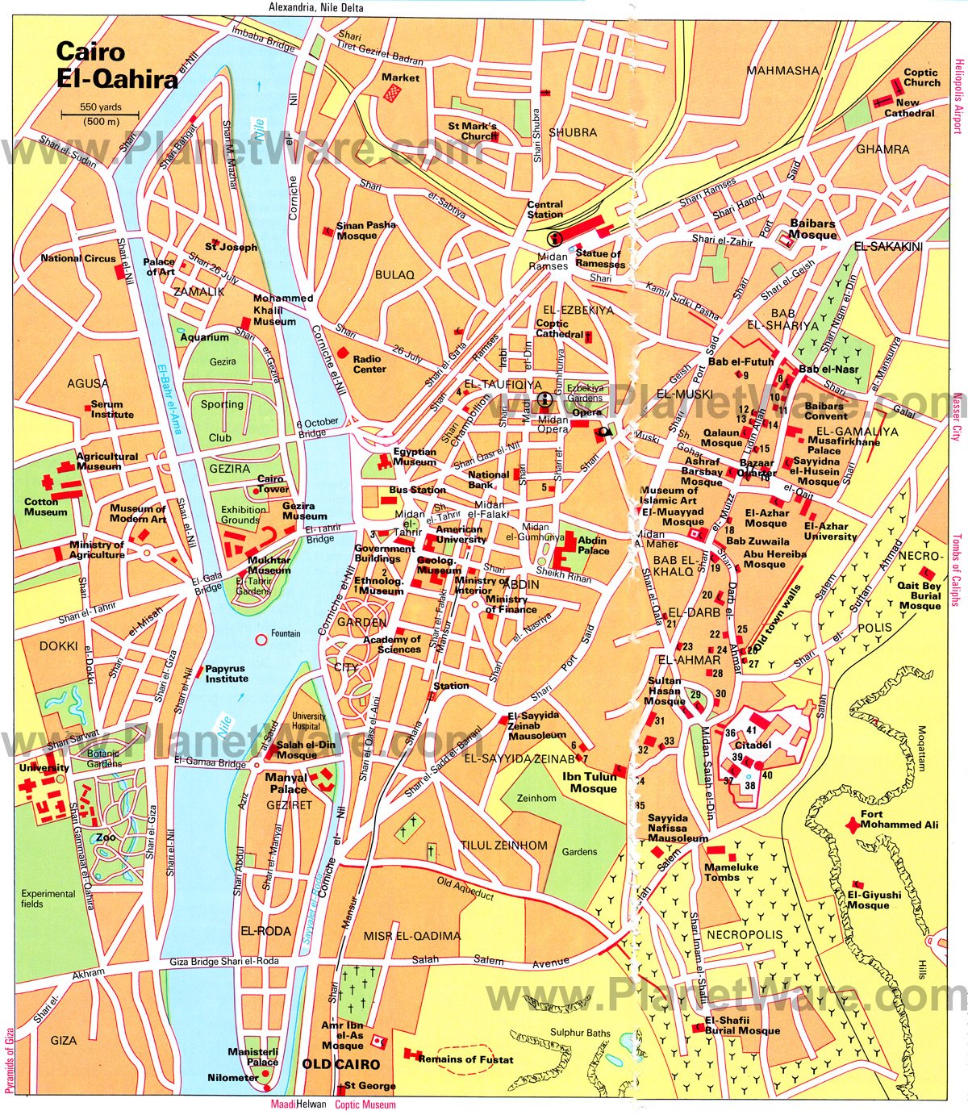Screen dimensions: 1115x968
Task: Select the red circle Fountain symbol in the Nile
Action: pyautogui.click(x=261, y=640)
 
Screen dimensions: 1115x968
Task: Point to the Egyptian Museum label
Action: pyautogui.click(x=415, y=457)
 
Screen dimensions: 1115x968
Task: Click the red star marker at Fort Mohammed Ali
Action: pyautogui.click(x=851, y=825)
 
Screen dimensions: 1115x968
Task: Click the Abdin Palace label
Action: pyautogui.click(x=594, y=546)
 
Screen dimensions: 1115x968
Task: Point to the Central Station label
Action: pyautogui.click(x=545, y=210)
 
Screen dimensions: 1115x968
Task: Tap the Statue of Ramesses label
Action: pyautogui.click(x=599, y=259)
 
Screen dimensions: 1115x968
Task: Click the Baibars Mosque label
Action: pyautogui.click(x=812, y=229)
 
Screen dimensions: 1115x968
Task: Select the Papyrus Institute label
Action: pyautogui.click(x=227, y=674)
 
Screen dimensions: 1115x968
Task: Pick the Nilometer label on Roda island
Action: pyautogui.click(x=233, y=1078)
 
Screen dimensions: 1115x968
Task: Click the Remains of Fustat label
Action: pyautogui.click(x=465, y=1059)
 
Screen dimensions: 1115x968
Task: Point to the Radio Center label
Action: pyautogui.click(x=369, y=364)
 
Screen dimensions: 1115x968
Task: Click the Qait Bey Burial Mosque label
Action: pyautogui.click(x=920, y=596)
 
